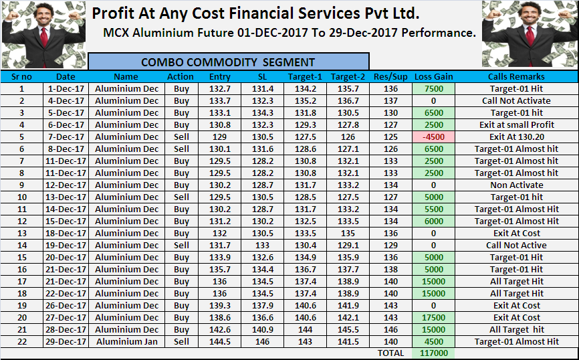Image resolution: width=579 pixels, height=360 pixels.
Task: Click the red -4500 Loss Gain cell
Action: tap(433, 137)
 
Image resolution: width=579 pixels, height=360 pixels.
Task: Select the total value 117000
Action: tap(433, 353)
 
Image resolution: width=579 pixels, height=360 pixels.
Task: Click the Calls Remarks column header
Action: tap(516, 76)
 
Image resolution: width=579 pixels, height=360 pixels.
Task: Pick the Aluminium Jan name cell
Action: tap(126, 342)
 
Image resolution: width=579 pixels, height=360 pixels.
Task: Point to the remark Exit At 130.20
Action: tap(516, 137)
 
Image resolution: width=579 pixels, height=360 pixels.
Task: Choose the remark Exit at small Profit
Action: tap(516, 125)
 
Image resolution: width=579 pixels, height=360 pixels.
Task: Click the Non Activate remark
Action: tap(516, 185)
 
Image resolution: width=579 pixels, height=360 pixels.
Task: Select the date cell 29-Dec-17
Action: tap(66, 342)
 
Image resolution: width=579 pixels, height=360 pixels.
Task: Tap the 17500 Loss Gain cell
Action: tap(433, 318)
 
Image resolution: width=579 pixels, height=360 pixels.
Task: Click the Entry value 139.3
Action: tap(219, 306)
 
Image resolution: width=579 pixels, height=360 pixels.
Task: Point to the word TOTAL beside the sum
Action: tap(391, 353)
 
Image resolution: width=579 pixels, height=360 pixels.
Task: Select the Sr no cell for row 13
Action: tap(21, 234)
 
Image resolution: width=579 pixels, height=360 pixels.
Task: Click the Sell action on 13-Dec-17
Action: tap(181, 197)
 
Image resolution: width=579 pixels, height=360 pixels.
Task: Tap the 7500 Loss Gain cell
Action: tap(433, 89)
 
